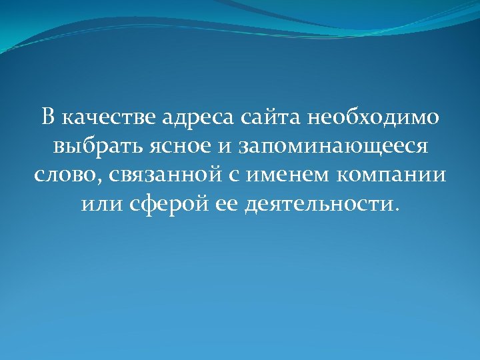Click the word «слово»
61,174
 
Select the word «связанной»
156,175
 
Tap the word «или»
100,202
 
